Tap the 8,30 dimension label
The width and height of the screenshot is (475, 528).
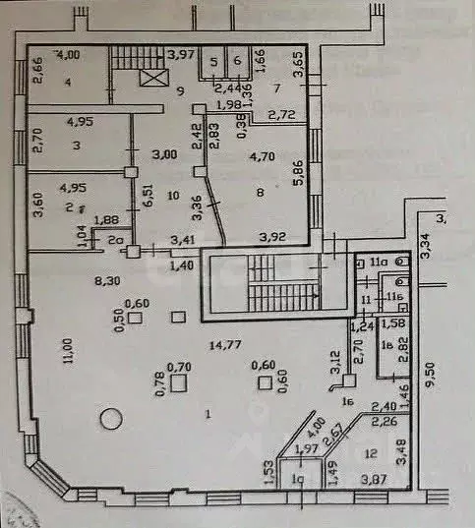coord(107,281)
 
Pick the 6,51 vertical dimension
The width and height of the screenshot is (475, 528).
coord(148,187)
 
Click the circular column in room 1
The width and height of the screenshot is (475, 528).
coord(111,419)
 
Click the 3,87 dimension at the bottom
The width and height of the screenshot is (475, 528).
coord(374,480)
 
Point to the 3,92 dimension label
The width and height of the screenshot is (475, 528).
coord(272,236)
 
